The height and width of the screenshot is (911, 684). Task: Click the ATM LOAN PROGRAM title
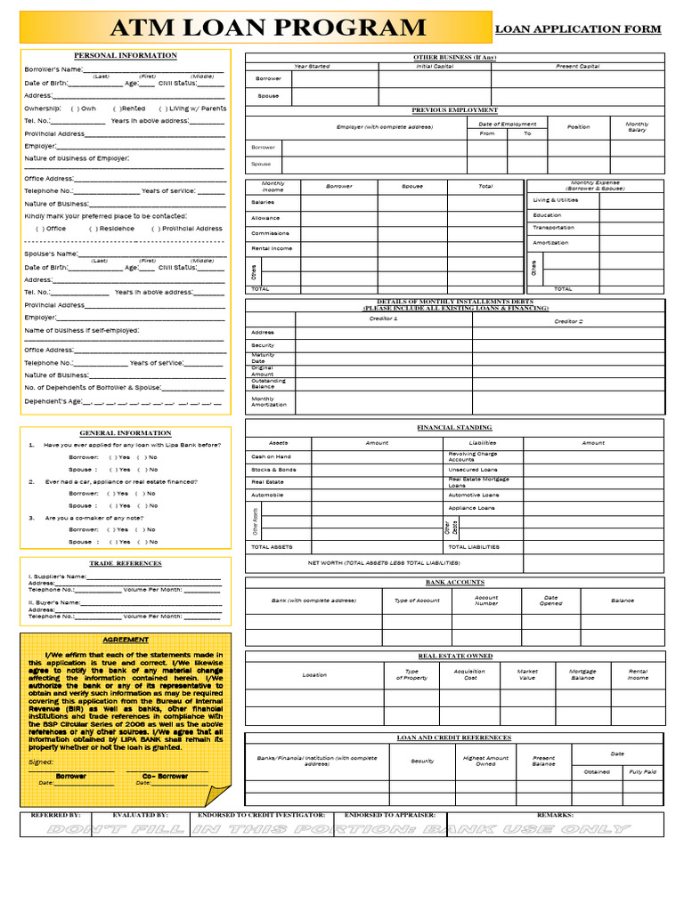267,28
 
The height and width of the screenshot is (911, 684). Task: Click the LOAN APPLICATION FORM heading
577,29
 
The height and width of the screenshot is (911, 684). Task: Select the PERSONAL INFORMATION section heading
125,55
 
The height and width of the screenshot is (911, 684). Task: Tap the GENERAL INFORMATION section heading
125,433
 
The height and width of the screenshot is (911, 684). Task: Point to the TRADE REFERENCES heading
126,563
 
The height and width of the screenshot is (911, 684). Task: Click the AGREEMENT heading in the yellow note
126,640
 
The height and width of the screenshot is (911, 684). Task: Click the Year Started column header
312,67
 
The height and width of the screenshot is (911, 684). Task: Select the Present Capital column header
577,67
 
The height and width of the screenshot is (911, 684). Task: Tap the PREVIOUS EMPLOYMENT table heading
454,110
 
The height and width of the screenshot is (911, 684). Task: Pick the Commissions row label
270,233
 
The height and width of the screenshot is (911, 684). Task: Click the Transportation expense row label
554,228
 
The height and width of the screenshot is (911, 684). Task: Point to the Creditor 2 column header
568,321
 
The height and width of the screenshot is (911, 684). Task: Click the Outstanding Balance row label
268,383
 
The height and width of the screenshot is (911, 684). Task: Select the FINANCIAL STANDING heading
454,428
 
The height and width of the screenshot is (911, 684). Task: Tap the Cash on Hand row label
271,456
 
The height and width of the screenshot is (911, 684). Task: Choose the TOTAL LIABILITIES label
474,547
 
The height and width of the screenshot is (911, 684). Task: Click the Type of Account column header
417,601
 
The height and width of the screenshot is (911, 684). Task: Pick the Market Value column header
527,674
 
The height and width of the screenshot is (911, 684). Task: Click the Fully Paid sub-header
642,771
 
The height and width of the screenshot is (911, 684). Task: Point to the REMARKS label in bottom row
555,815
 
